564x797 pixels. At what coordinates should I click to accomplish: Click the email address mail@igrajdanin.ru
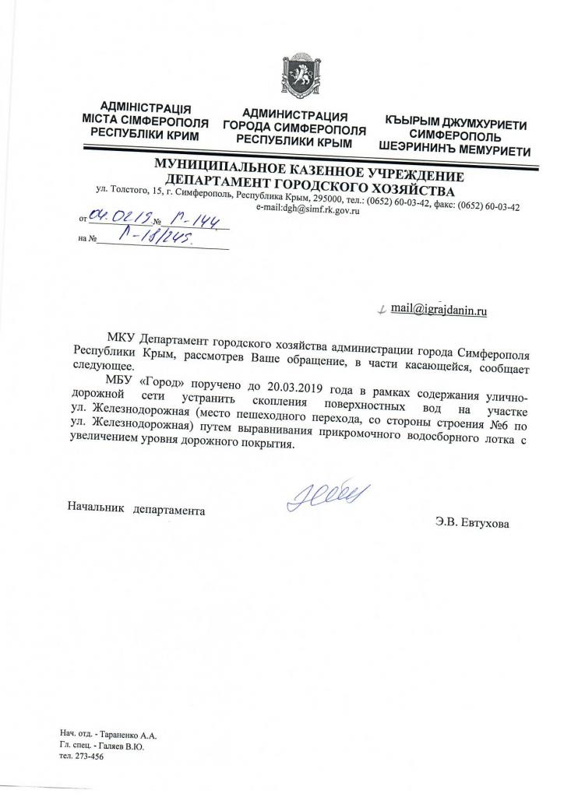[x=439, y=309]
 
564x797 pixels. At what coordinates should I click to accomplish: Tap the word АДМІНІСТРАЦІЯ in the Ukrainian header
[x=146, y=108]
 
